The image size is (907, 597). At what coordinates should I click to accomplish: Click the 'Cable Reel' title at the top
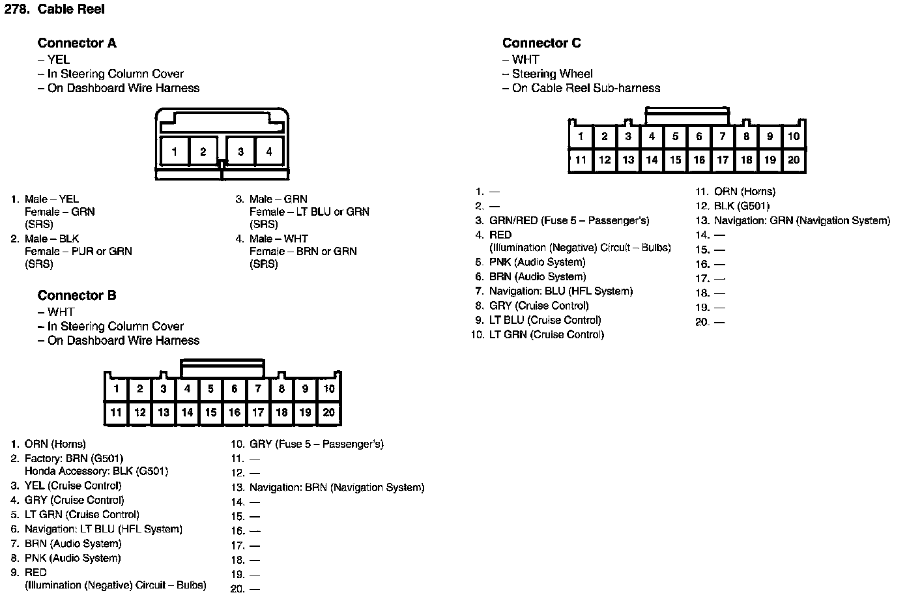(71, 9)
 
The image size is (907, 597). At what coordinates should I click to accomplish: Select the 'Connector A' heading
(77, 43)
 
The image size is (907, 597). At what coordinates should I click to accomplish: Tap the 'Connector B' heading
(77, 295)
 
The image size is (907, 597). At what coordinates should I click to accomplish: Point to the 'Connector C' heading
(541, 43)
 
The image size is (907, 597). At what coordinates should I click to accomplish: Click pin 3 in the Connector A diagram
(240, 151)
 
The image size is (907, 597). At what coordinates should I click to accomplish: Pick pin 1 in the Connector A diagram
(175, 151)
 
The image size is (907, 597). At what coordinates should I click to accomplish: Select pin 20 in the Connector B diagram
(329, 412)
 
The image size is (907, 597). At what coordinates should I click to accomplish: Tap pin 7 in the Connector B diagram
(258, 389)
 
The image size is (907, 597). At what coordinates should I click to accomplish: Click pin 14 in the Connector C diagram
(652, 160)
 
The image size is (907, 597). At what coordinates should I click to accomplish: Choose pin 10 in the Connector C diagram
(793, 136)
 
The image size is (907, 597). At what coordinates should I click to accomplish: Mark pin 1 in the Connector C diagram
(581, 136)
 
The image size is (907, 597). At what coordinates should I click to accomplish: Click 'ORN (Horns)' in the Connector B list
(55, 444)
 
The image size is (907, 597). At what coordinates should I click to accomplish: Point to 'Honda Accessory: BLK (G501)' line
(96, 471)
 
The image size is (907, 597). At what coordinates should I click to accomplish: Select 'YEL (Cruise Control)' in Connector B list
(72, 486)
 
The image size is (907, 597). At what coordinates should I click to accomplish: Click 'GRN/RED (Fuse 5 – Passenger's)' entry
(569, 220)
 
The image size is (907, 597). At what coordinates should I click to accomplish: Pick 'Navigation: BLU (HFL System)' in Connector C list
(560, 291)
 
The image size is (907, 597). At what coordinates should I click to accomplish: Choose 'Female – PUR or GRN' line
(78, 251)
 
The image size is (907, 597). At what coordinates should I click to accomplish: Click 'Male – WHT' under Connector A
(278, 239)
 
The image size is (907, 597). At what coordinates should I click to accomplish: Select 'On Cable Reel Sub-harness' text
(586, 88)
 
